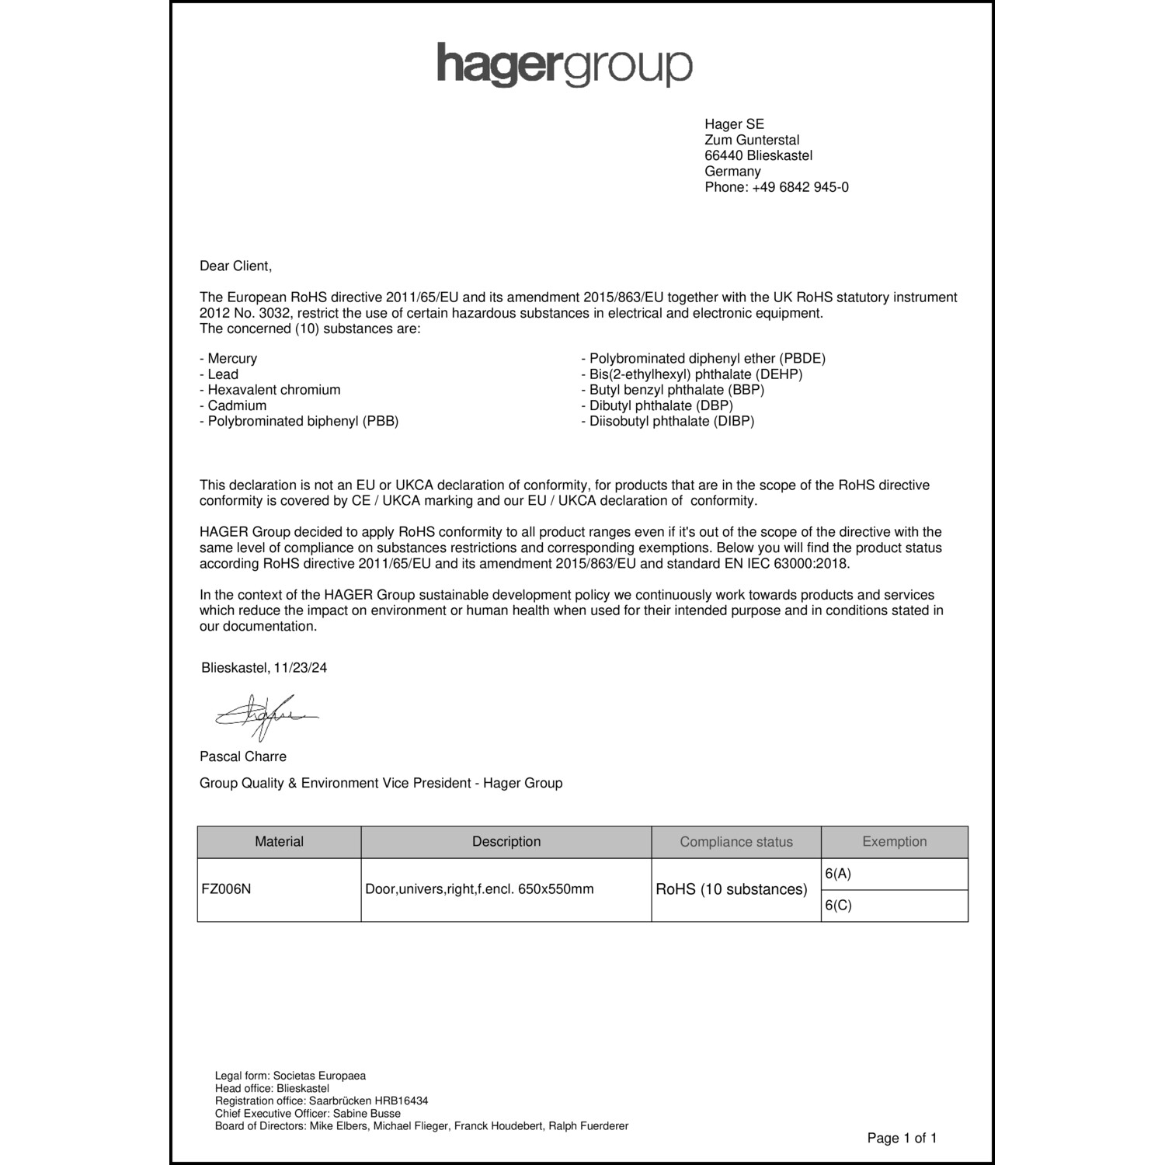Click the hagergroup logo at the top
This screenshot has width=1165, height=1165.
(x=565, y=64)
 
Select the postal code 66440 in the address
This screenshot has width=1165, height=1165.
(x=724, y=155)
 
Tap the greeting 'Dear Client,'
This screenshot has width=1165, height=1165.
(x=236, y=266)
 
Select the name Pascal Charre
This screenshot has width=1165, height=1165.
(x=243, y=756)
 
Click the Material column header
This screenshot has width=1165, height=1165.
(x=279, y=842)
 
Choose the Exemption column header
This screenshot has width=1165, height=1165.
(x=894, y=842)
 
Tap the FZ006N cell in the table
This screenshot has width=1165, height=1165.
(x=226, y=889)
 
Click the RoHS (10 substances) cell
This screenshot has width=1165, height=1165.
(x=732, y=889)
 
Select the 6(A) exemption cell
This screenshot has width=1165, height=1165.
(x=839, y=874)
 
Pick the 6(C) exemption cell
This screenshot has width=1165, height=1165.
(x=839, y=906)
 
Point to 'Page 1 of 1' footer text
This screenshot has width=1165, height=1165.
(x=902, y=1139)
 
